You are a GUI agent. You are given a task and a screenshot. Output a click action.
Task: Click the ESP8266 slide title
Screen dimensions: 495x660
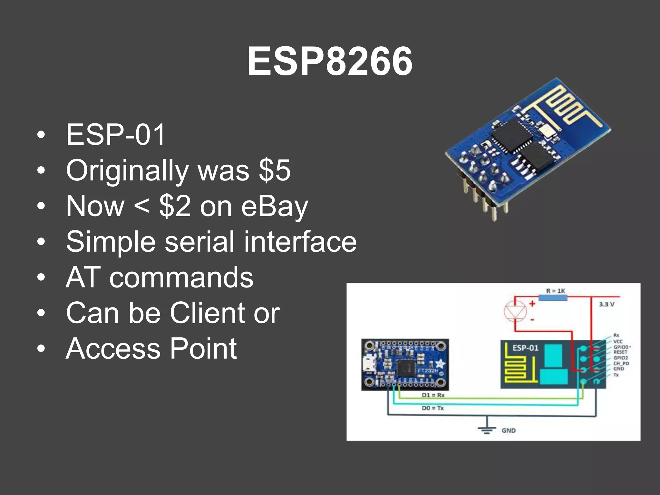(x=330, y=61)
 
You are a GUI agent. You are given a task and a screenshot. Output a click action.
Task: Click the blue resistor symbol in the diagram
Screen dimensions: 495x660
(x=553, y=297)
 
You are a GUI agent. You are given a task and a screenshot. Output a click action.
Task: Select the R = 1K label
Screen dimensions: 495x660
(x=556, y=291)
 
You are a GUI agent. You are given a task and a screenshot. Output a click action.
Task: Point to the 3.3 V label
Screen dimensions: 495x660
(x=607, y=304)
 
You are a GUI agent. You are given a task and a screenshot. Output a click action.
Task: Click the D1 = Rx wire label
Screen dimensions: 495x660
(x=433, y=395)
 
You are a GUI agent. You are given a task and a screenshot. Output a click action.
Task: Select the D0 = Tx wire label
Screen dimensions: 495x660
(x=432, y=408)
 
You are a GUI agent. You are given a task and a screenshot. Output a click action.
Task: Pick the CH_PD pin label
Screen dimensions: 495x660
(x=621, y=363)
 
